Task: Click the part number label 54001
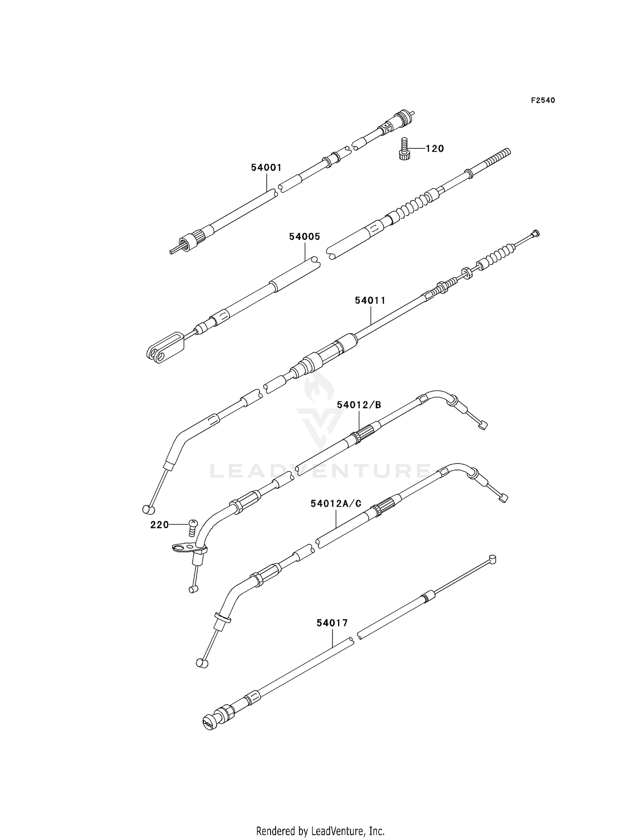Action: click(x=266, y=168)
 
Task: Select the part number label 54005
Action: click(x=304, y=237)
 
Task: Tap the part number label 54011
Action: click(x=370, y=301)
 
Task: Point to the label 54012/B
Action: click(x=359, y=405)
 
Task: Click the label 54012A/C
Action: click(x=336, y=504)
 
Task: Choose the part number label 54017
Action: click(x=332, y=623)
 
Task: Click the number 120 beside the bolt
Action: click(x=435, y=149)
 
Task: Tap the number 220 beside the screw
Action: click(x=159, y=525)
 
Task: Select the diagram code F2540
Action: click(x=543, y=100)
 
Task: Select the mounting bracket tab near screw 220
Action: click(x=182, y=547)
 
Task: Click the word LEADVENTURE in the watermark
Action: click(x=320, y=471)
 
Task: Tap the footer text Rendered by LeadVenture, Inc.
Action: click(x=320, y=819)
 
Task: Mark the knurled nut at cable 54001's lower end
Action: click(x=187, y=243)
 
